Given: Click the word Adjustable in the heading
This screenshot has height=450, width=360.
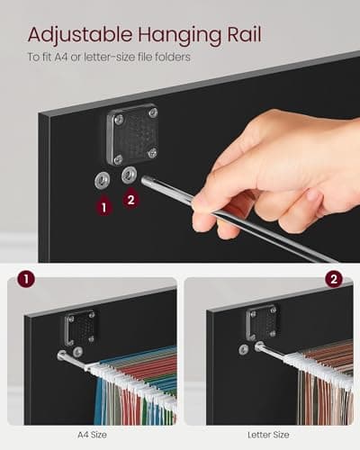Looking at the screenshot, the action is pos(80,35).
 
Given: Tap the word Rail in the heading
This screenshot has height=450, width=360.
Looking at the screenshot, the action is pos(244,34).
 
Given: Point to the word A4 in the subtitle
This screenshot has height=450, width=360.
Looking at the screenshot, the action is pos(61,57).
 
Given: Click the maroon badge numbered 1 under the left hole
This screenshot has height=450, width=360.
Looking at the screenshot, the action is pos(104,206).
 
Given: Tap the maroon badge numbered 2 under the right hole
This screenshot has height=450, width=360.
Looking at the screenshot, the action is pos(130,199).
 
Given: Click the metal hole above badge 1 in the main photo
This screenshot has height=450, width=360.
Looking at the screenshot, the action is pos(102,181).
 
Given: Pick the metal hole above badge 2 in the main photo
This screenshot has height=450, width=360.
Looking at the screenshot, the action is pos(130,175).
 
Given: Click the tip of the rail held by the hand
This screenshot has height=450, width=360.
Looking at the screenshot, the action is pos(144,181).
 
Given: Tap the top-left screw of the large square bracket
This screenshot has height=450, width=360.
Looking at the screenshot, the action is pos(118,119).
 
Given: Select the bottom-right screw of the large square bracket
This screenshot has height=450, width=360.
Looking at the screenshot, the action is pos(153,152).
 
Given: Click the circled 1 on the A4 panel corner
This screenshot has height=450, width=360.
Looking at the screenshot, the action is pos(26,279).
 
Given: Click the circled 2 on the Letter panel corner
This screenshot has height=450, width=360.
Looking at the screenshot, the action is pos(334,279).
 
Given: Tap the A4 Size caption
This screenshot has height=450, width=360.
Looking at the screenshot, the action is pos(92,435).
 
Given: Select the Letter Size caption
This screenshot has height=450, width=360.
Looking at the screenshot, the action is pos(268,435).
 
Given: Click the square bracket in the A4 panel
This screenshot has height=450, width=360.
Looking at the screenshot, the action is pos(80,328).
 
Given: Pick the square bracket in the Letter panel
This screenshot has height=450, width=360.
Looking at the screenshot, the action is pos(262,322).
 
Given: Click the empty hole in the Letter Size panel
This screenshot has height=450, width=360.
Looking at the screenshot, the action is pos(244,349).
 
